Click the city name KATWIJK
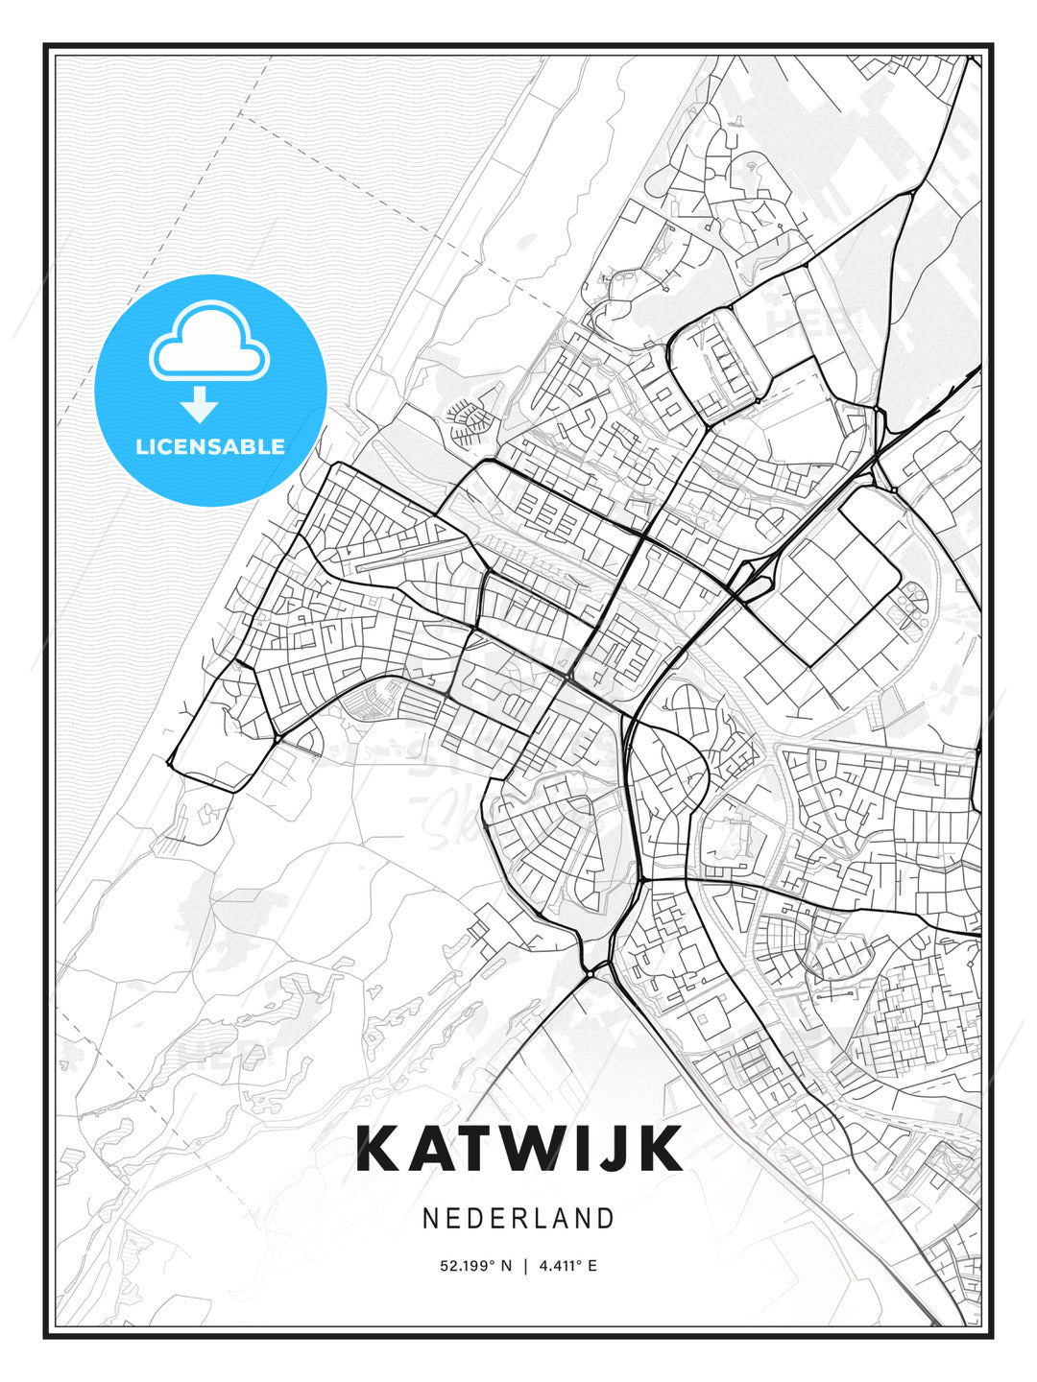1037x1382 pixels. click(518, 1149)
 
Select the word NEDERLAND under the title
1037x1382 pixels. click(518, 1218)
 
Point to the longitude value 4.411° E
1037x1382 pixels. click(567, 1266)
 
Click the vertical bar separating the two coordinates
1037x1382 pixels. click(525, 1266)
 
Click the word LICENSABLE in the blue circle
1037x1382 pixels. click(209, 446)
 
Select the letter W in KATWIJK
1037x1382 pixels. click(540, 1149)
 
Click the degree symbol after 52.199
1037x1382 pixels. click(493, 1262)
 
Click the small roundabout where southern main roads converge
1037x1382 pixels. click(592, 971)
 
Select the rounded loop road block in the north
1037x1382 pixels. click(716, 365)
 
